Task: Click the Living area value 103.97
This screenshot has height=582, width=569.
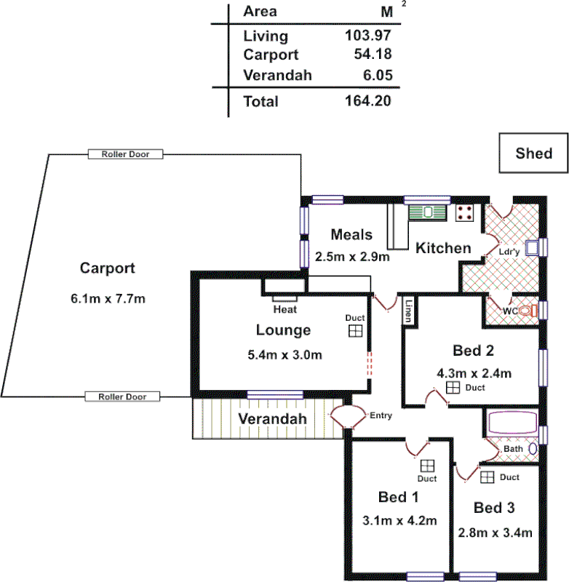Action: point(367,35)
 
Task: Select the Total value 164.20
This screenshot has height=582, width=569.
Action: point(367,101)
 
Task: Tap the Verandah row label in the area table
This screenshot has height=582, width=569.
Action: point(277,75)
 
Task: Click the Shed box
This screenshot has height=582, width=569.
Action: point(533,154)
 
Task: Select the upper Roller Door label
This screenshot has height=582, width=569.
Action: point(125,154)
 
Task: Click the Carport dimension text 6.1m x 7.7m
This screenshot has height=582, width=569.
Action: point(107,299)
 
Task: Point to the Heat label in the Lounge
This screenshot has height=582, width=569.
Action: point(284,309)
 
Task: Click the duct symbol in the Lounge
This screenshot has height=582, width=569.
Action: point(355,331)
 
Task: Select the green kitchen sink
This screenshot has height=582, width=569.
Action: point(428,212)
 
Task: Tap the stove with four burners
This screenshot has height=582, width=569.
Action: point(466,212)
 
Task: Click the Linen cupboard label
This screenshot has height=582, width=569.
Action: point(409,311)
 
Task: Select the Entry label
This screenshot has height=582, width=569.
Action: point(381,416)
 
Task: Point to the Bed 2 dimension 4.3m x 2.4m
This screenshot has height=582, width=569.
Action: point(474,373)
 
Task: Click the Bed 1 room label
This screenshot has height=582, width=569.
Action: point(398,498)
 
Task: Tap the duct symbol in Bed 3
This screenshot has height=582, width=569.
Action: point(487,477)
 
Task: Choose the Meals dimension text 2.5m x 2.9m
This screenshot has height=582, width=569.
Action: point(352,256)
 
